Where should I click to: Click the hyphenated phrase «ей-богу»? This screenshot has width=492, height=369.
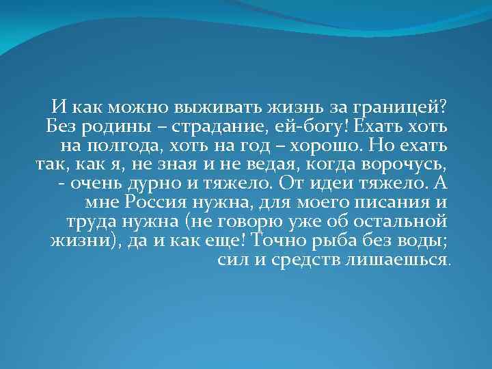(x=311, y=127)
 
